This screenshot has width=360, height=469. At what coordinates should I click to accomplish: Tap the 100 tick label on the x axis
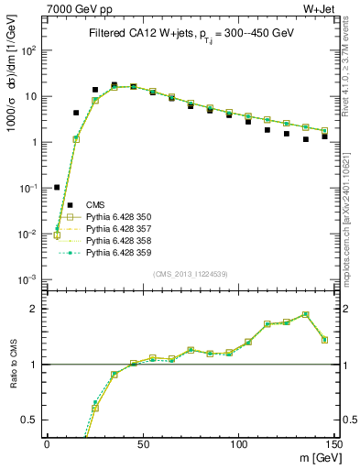pyautogui.click(x=238, y=443)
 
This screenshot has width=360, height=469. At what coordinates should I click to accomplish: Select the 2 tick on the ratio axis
pyautogui.click(x=38, y=309)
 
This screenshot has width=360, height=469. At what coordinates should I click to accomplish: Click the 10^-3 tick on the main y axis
pyautogui.click(x=29, y=279)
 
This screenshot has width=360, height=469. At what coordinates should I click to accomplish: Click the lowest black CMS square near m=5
pyautogui.click(x=57, y=187)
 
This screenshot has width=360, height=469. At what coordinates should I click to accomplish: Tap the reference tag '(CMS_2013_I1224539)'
pyautogui.click(x=191, y=272)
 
